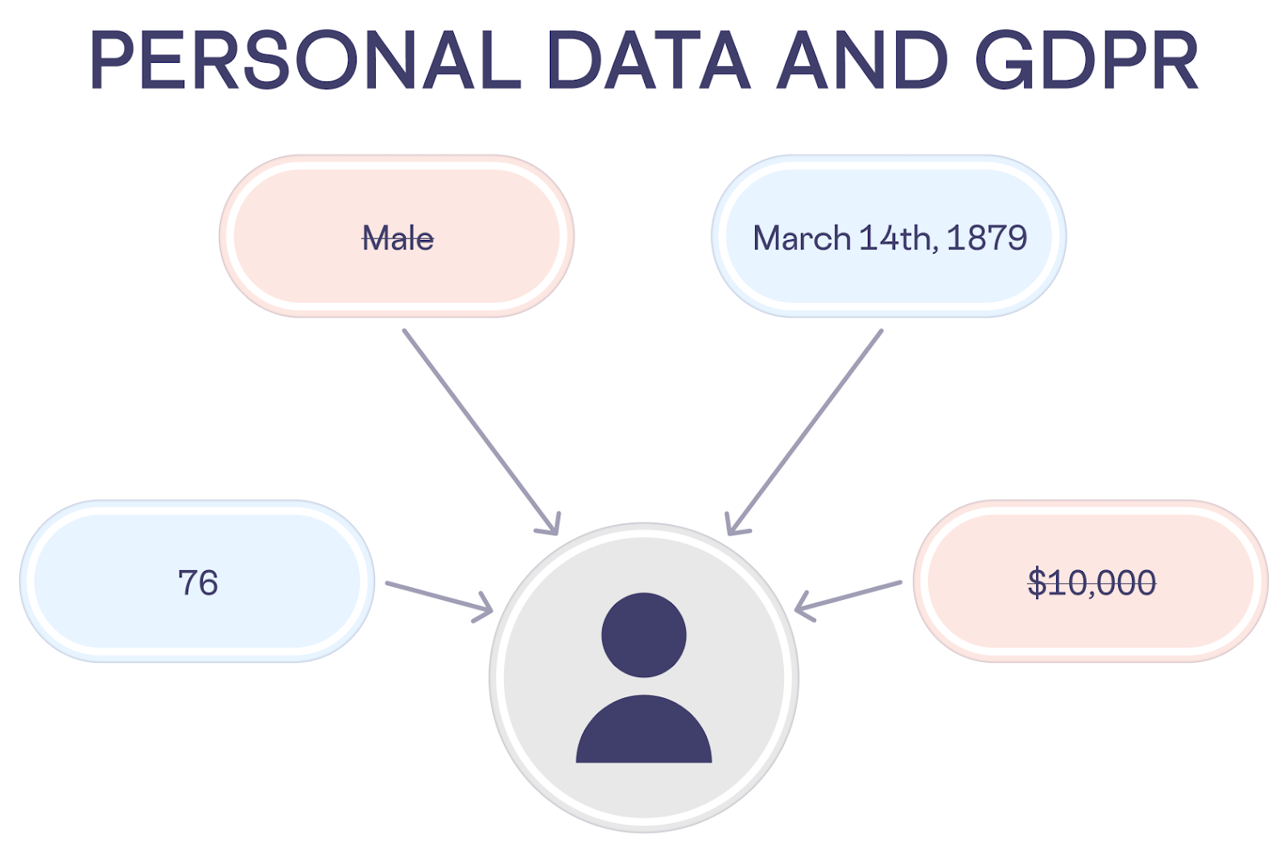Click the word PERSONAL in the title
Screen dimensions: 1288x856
pyautogui.click(x=306, y=60)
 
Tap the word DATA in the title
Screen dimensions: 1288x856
pyautogui.click(x=650, y=60)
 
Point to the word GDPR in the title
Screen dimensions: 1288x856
pyautogui.click(x=1087, y=60)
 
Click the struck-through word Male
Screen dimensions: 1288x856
pyautogui.click(x=398, y=238)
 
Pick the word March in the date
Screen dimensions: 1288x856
pyautogui.click(x=802, y=238)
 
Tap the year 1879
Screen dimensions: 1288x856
pyautogui.click(x=987, y=238)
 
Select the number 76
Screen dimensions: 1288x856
pyautogui.click(x=198, y=583)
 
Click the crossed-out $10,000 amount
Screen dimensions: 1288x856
pyautogui.click(x=1092, y=582)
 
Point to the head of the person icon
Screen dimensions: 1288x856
pyautogui.click(x=644, y=635)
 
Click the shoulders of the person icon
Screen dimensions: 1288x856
pyautogui.click(x=644, y=729)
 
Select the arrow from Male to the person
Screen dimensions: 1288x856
pyautogui.click(x=481, y=432)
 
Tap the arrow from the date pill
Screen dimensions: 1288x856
pyautogui.click(x=804, y=432)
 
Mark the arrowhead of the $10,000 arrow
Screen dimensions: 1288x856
pyautogui.click(x=802, y=608)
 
